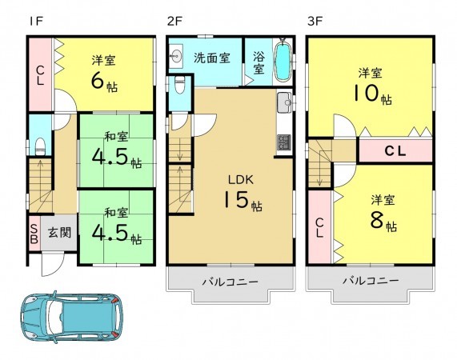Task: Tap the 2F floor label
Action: [174, 20]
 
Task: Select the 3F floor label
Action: [315, 20]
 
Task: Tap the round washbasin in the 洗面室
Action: [177, 56]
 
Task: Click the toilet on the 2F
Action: [179, 82]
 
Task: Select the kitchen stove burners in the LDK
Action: [283, 142]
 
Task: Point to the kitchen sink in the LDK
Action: [283, 103]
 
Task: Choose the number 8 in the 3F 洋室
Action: [377, 219]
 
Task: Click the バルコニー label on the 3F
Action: [371, 281]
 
